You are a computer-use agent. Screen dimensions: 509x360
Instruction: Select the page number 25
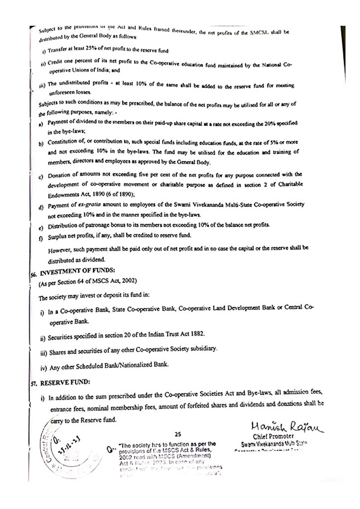click(x=178, y=434)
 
